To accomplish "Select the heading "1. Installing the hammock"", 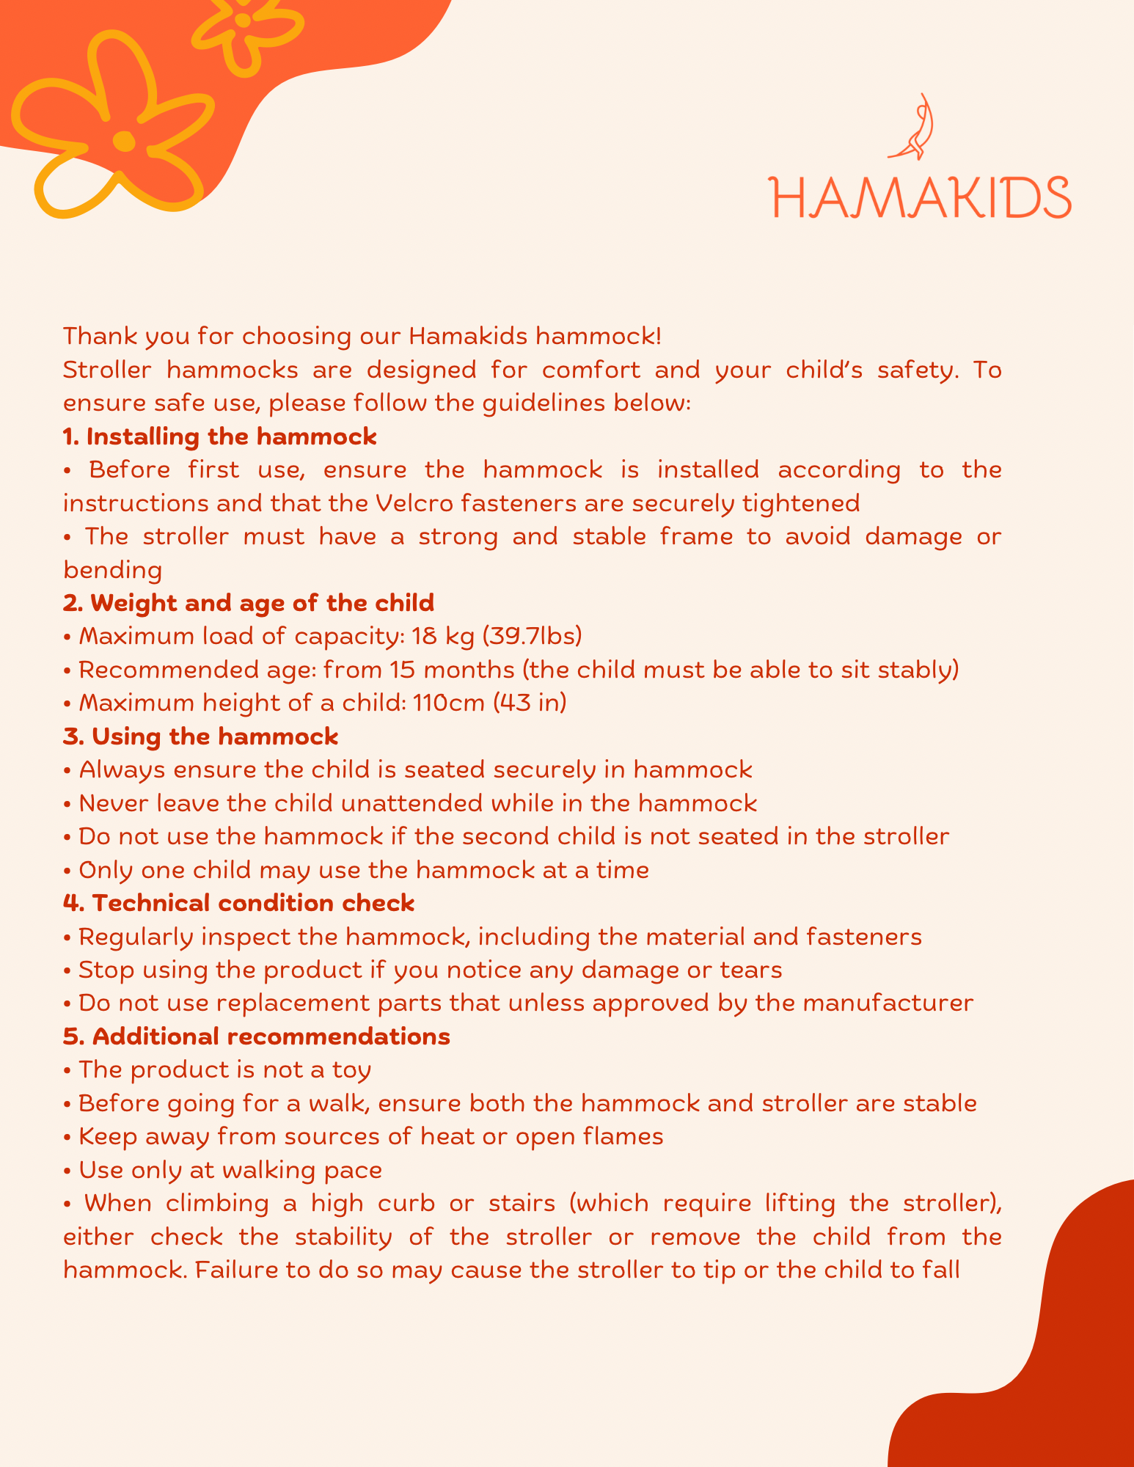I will click(x=220, y=436).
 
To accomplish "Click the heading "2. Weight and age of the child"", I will click(x=249, y=603).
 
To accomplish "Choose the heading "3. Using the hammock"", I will click(x=201, y=736).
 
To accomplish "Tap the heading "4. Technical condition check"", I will click(x=239, y=902).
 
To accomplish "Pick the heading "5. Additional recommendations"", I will click(x=257, y=1036).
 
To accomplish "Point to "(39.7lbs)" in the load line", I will click(x=532, y=636).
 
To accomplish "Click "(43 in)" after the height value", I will click(x=530, y=703).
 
